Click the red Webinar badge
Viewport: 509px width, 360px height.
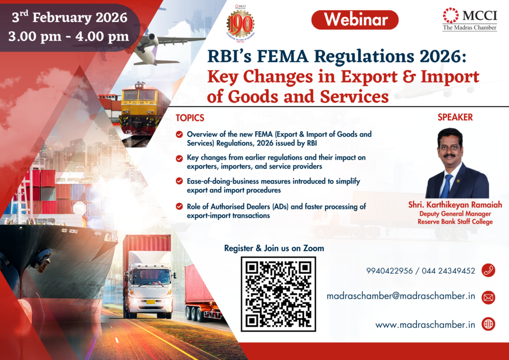click(x=354, y=20)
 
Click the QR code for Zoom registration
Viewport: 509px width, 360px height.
click(x=278, y=294)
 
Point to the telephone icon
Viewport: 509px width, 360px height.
click(x=488, y=270)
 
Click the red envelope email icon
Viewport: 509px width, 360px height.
click(x=488, y=297)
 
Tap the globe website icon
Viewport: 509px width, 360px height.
click(x=488, y=324)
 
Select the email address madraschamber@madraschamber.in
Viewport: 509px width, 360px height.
click(x=401, y=296)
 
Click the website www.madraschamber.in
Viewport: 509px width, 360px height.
click(x=425, y=324)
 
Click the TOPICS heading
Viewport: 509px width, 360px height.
click(x=190, y=118)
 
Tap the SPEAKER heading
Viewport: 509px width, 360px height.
click(x=455, y=118)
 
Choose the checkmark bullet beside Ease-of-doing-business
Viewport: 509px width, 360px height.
click(x=179, y=181)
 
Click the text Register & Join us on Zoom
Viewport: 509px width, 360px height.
click(x=274, y=248)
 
